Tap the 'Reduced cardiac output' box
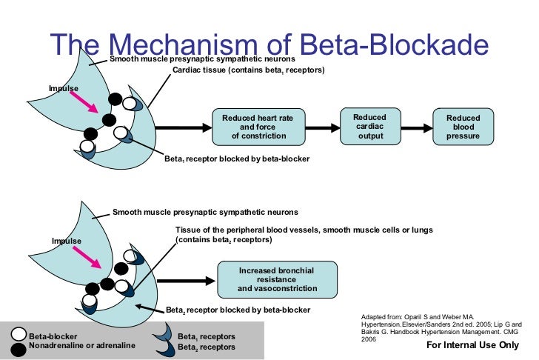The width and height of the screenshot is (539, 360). tap(369, 126)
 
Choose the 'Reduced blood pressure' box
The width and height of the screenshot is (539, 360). tap(463, 127)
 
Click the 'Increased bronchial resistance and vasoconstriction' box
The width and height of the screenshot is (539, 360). tap(277, 279)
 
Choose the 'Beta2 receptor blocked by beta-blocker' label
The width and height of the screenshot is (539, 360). tap(238, 309)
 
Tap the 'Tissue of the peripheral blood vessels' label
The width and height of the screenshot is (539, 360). tap(304, 230)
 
